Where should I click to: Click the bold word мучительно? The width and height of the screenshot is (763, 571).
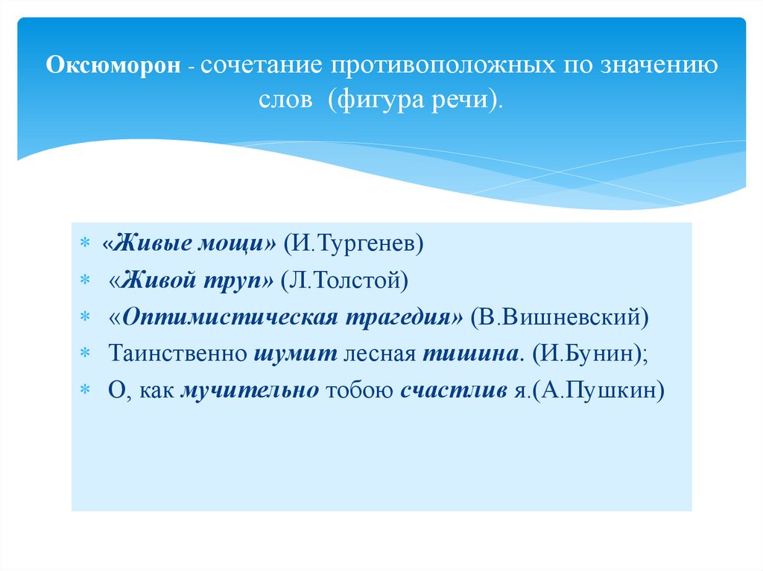click(250, 390)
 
